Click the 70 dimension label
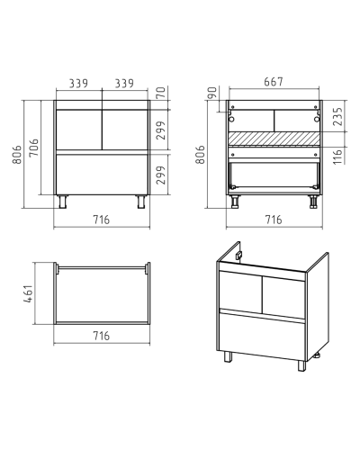pos(161,93)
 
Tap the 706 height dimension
pos(34,148)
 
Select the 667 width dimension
pos(274,82)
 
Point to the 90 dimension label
pos(212,93)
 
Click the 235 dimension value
pos(337,117)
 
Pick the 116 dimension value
pos(337,156)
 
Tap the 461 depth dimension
pos(28,293)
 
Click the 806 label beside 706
pos(17,155)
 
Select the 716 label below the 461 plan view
pos(102,336)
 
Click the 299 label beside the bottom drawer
pos(161,175)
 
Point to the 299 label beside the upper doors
pos(161,130)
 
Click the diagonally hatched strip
pos(274,139)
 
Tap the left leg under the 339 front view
pos(64,202)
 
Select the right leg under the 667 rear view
pos(313,202)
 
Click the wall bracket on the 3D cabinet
pos(239,256)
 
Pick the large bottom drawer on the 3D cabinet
pos(262,336)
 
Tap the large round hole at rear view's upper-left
pos(232,120)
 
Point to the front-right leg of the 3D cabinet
pos(302,365)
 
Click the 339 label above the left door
pos(78,83)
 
